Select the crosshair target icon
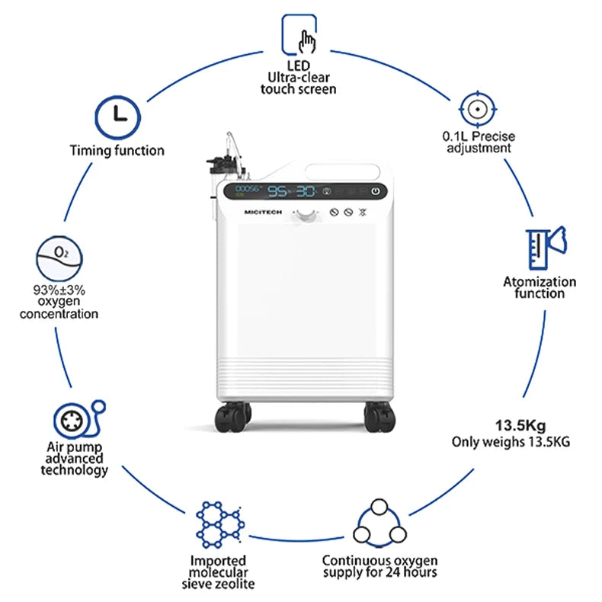478,110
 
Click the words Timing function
117,151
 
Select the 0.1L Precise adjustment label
479,142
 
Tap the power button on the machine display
375,191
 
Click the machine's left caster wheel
232,416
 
